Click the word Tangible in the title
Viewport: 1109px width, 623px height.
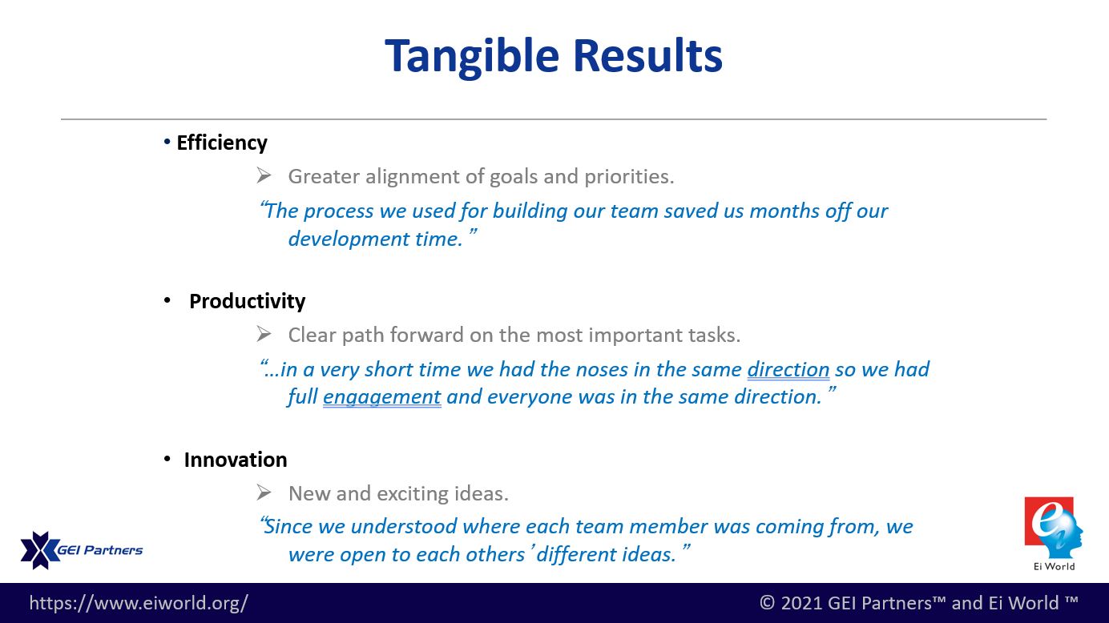tap(472, 57)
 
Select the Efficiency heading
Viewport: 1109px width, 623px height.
tap(222, 143)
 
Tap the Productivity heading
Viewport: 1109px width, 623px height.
tap(247, 301)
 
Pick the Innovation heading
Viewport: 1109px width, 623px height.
tap(235, 460)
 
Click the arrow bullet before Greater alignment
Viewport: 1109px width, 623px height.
tap(264, 175)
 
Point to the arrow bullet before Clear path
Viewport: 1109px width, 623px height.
tap(264, 334)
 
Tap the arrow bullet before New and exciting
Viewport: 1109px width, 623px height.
tap(264, 492)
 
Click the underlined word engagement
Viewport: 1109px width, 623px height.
tap(381, 397)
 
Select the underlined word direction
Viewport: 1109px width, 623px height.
tap(788, 370)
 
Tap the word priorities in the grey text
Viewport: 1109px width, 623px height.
tap(629, 177)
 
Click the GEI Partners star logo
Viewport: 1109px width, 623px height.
tap(39, 550)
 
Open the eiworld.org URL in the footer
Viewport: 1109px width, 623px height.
tap(139, 603)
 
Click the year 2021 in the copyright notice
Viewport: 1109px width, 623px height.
tap(801, 603)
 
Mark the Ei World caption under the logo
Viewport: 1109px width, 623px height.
tap(1054, 567)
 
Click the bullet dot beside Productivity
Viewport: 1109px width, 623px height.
tap(167, 300)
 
